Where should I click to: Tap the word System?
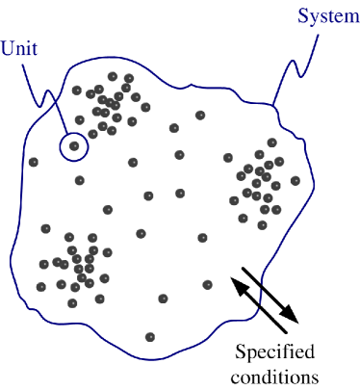323,15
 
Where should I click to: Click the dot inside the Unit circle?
73,146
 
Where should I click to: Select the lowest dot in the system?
150,337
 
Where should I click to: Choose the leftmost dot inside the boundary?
33,162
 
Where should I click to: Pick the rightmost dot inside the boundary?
295,181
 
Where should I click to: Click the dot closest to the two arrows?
208,284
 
